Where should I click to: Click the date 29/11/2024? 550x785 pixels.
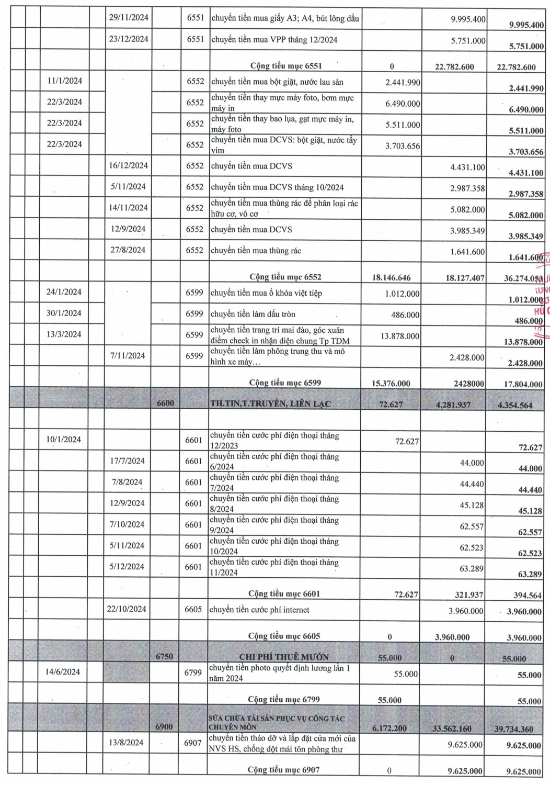tap(129, 17)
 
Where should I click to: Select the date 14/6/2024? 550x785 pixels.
tap(63, 672)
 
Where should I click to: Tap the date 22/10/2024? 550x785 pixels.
tap(127, 609)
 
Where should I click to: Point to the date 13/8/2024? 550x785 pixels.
tap(126, 742)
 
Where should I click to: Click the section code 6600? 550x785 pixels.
tap(165, 403)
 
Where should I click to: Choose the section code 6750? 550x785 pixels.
tap(164, 656)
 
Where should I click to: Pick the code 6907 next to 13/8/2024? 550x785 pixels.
tap(192, 743)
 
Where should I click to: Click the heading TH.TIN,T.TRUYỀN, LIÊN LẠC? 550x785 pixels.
tap(270, 403)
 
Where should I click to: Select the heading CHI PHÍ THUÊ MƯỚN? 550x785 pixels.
tap(284, 657)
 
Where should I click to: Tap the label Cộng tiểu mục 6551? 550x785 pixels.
tap(286, 66)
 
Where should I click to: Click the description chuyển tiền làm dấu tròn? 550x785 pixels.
tap(253, 314)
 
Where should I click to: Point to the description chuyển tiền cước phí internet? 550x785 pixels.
tap(259, 610)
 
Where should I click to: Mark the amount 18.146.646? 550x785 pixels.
tap(391, 277)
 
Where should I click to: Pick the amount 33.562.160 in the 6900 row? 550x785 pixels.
tap(452, 728)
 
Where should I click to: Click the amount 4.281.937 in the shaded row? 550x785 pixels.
tap(453, 405)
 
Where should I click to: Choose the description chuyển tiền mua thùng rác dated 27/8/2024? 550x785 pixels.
tap(256, 251)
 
